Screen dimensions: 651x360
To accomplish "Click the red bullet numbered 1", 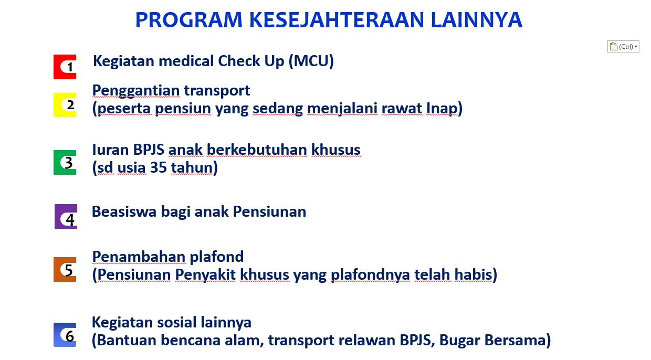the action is (x=65, y=67).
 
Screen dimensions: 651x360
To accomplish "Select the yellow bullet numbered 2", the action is (x=65, y=105).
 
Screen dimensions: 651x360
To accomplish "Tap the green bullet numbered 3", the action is (x=65, y=163).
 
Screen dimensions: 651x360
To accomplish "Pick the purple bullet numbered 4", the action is (x=66, y=216).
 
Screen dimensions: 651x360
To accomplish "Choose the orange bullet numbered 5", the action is (x=65, y=269).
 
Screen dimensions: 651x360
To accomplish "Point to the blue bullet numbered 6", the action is (x=65, y=335).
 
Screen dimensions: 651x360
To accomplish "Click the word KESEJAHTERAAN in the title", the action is (x=336, y=20).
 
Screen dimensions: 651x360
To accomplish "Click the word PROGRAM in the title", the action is (x=188, y=20).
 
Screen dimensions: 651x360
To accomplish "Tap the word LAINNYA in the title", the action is (x=477, y=20).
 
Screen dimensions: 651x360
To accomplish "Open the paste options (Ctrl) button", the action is (x=623, y=47).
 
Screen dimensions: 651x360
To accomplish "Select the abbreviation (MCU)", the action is (x=311, y=61).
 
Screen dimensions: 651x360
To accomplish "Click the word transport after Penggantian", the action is (x=217, y=91).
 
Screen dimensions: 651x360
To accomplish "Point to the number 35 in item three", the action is (x=158, y=167).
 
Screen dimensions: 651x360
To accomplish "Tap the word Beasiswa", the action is (x=124, y=211).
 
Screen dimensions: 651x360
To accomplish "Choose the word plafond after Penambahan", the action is (x=216, y=257).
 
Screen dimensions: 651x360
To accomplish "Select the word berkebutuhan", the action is (x=257, y=150).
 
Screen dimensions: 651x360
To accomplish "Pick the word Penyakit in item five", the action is (x=205, y=275).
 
